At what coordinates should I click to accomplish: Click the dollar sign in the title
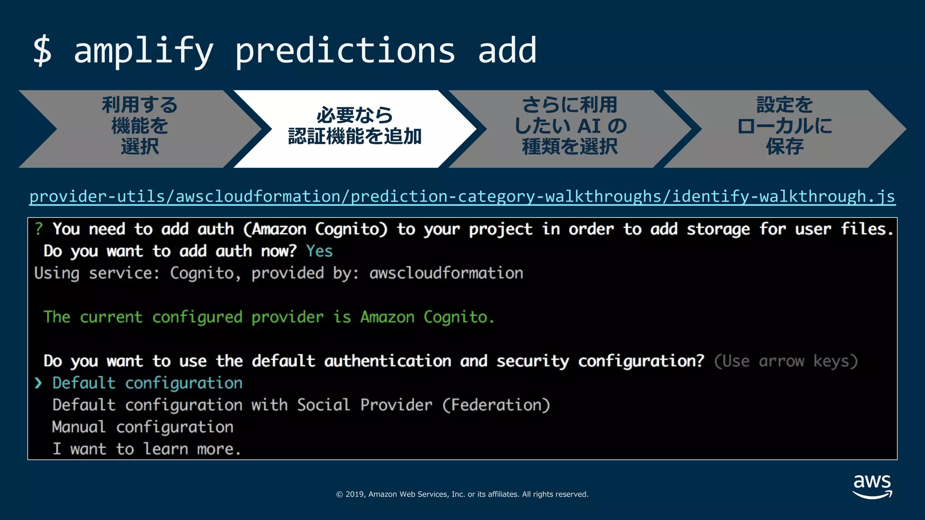tap(42, 51)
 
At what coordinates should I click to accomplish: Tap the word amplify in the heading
tap(143, 51)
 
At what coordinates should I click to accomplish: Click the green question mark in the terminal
tap(39, 229)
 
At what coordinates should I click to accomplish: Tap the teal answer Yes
tap(319, 251)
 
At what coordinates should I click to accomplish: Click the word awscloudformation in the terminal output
tap(446, 273)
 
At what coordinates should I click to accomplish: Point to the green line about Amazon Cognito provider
tap(269, 317)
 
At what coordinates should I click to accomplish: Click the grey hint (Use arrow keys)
tap(785, 361)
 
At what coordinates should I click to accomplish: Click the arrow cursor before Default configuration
tap(38, 383)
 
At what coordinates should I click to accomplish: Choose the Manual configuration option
tap(143, 427)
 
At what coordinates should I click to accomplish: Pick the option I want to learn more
tap(147, 449)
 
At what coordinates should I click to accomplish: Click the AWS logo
tap(872, 486)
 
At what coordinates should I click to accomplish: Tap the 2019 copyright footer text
tap(462, 494)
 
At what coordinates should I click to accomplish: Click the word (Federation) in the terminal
tap(496, 405)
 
